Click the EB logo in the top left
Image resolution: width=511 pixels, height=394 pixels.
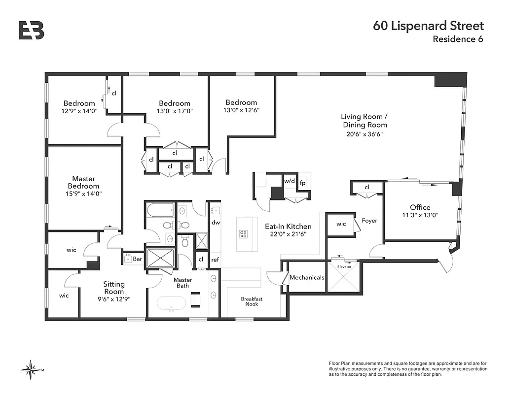tap(32, 30)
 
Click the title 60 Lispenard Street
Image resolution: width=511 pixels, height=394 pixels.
tap(429, 26)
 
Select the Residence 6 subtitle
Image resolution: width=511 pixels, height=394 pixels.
tap(458, 39)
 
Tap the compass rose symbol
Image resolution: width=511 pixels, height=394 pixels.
tap(33, 368)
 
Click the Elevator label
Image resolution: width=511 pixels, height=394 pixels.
tap(344, 266)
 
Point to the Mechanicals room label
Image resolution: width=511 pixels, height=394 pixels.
tap(307, 278)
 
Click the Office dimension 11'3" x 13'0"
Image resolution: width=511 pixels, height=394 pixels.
tap(420, 215)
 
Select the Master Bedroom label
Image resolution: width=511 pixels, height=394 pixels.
tap(84, 182)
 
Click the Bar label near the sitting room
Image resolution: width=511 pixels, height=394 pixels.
tap(137, 258)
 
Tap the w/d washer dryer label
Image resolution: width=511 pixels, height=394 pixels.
tap(289, 181)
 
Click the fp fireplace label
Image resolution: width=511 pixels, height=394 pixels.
tap(303, 182)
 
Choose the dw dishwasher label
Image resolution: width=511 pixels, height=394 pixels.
tap(215, 222)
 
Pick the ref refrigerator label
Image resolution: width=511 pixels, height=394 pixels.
tap(215, 260)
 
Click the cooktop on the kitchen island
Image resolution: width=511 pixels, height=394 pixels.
tap(243, 233)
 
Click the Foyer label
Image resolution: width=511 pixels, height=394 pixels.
tap(369, 221)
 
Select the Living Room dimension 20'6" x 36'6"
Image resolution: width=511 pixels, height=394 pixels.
tap(365, 133)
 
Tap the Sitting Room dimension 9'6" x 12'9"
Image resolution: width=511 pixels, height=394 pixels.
tap(114, 299)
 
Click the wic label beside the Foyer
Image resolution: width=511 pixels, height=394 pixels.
tap(341, 224)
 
